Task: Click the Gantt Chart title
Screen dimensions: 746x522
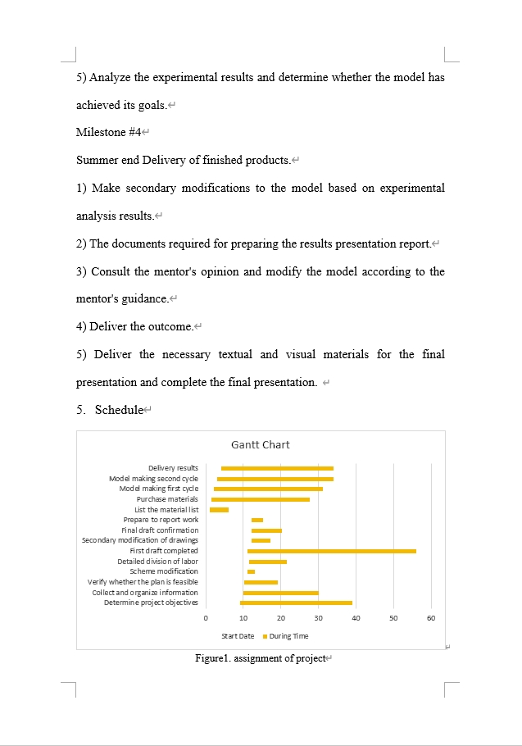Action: tap(260, 444)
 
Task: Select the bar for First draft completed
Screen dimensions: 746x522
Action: tap(331, 551)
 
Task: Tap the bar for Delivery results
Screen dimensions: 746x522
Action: tap(277, 468)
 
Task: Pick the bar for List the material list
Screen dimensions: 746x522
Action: tap(219, 509)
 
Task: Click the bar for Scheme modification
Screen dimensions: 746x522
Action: tap(251, 571)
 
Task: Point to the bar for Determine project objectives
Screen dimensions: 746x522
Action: tap(296, 603)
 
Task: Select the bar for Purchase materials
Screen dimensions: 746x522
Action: tap(261, 499)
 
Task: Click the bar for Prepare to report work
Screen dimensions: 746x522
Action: tap(257, 520)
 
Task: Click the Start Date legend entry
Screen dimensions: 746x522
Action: tap(238, 635)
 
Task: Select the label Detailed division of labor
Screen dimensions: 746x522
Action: tap(157, 562)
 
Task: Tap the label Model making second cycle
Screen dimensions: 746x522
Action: tap(153, 478)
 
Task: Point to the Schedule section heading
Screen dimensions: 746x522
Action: tap(119, 409)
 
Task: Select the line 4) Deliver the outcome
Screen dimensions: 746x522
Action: tap(135, 326)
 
